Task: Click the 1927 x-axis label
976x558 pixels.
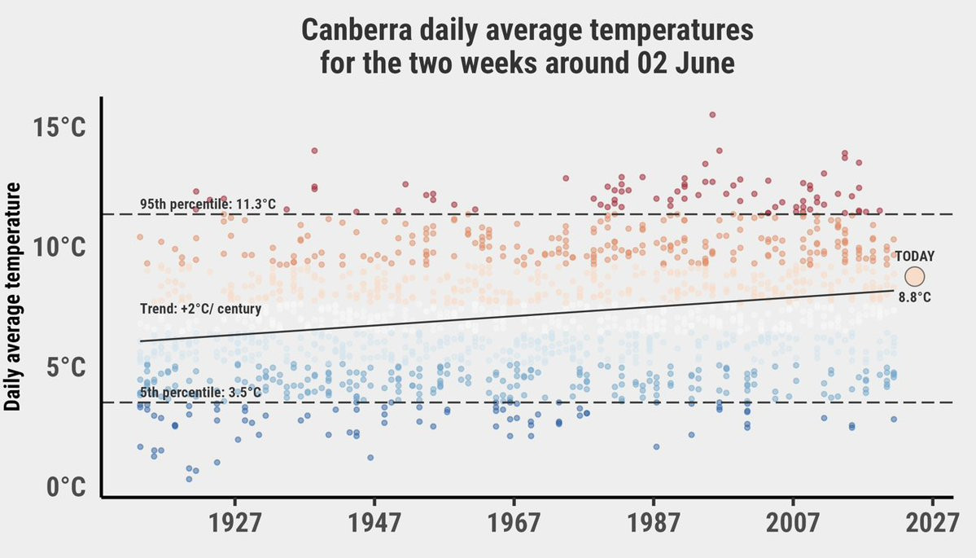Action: [235, 522]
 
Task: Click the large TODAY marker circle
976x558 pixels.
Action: [914, 277]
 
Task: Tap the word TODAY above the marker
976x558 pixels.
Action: [915, 256]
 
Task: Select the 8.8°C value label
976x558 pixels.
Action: [914, 298]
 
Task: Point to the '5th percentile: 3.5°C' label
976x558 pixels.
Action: [199, 393]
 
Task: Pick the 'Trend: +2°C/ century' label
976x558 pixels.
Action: [200, 309]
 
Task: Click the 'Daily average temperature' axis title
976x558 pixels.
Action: [14, 297]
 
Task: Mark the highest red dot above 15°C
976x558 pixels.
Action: [712, 115]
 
